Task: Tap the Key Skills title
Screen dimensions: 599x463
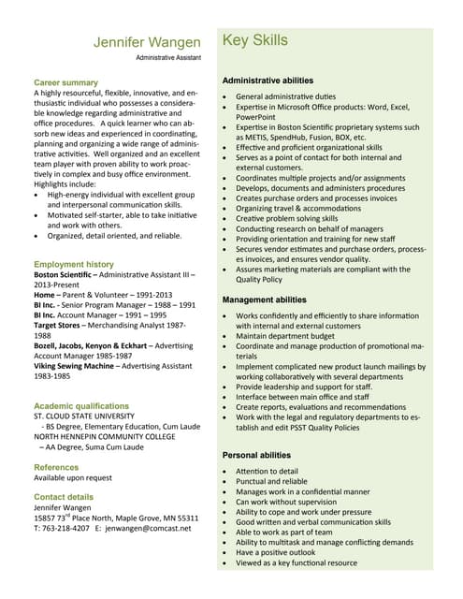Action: tap(254, 40)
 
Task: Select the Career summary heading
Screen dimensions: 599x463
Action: tap(65, 82)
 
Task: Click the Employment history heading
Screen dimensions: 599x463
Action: tap(74, 264)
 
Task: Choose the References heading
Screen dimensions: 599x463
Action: tap(56, 466)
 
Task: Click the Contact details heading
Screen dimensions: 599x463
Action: tap(64, 496)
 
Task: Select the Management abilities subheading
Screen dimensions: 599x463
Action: tap(264, 299)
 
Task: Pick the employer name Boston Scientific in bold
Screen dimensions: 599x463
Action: tap(68, 277)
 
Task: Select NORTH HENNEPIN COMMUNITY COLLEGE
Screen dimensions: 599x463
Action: tap(105, 436)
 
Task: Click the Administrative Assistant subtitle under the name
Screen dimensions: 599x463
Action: tap(167, 58)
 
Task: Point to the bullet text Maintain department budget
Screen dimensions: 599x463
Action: tap(284, 336)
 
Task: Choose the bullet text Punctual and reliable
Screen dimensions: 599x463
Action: tap(271, 481)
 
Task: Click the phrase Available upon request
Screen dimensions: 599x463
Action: tap(73, 477)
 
